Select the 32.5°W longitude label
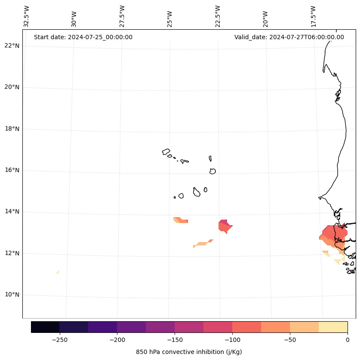[27, 16]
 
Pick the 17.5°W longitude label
[313, 16]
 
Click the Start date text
[83, 37]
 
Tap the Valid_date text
[289, 37]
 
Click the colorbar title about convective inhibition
[189, 352]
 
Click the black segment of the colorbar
[45, 327]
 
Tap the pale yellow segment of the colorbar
[333, 327]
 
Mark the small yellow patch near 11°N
[57, 272]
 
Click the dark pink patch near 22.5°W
[225, 226]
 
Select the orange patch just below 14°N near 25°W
[181, 220]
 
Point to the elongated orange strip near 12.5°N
[202, 243]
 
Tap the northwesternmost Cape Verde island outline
[166, 152]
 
